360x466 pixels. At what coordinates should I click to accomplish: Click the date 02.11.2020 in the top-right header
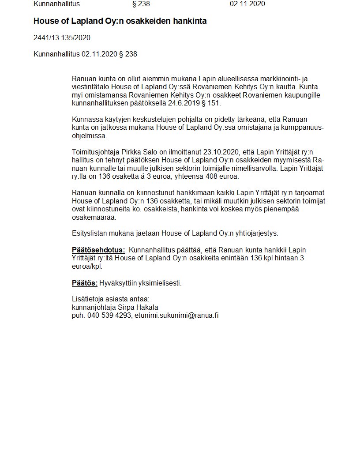click(247, 4)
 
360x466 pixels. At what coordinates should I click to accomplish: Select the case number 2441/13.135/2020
click(62, 38)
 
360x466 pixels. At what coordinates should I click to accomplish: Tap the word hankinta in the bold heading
click(187, 21)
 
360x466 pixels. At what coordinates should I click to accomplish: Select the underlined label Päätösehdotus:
click(98, 250)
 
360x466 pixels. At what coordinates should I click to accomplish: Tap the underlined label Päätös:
click(85, 283)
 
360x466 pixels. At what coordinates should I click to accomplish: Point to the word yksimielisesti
click(160, 283)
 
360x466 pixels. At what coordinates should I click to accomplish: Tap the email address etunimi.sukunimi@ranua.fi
click(177, 315)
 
